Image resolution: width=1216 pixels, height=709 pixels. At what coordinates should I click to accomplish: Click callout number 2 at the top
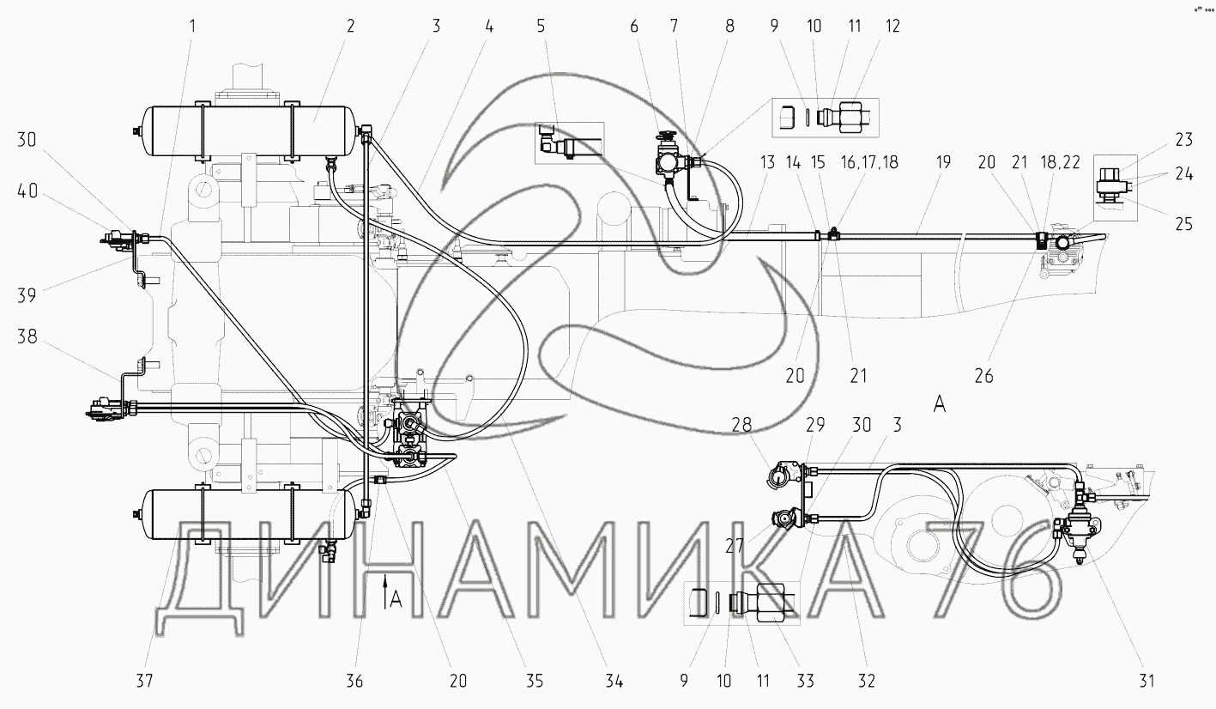click(351, 26)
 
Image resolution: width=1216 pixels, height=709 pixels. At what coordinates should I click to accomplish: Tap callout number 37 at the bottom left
click(144, 680)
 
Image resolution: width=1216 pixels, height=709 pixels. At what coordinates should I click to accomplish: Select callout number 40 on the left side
click(27, 191)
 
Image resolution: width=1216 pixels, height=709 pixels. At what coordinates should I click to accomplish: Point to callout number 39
click(27, 295)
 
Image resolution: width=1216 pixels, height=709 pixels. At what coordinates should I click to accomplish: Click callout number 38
click(27, 336)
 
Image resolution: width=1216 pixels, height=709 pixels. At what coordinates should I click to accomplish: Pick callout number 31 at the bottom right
click(1146, 680)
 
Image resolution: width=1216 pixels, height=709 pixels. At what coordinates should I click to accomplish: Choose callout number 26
click(984, 376)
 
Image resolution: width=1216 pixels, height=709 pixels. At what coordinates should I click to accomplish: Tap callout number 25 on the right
click(1184, 224)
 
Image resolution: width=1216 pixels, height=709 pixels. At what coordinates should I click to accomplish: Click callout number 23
click(1184, 140)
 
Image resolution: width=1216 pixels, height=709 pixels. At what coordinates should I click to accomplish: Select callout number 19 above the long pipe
click(943, 162)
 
